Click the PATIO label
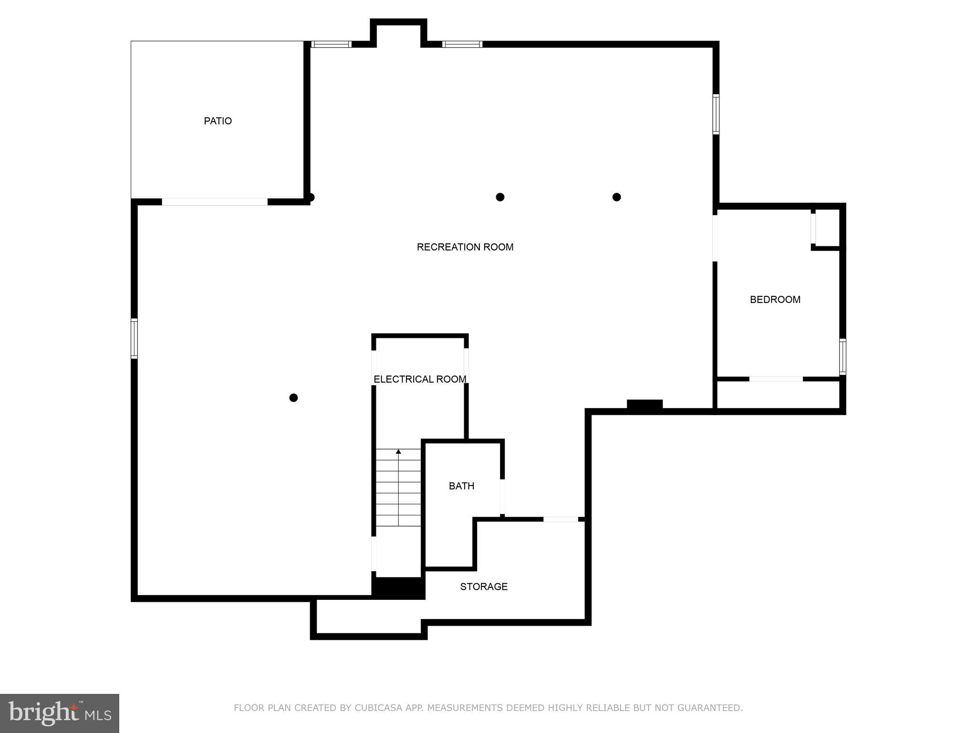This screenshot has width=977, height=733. point(218,121)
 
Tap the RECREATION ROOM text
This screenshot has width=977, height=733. point(465,247)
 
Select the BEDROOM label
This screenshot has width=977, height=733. point(775,300)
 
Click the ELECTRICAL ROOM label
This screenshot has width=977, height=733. point(420,379)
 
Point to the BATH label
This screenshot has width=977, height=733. point(461,486)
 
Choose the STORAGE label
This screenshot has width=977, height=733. point(483,587)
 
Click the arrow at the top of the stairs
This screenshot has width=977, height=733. point(398,451)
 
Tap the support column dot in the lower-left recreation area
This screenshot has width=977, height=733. point(294,398)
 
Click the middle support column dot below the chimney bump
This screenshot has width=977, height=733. point(500,197)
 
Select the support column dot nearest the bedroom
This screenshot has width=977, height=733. point(616,197)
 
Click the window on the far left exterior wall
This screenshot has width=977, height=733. point(134,339)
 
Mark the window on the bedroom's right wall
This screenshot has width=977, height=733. point(842,356)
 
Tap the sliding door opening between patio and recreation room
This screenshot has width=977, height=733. point(215,202)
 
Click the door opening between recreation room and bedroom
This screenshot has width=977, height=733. point(715,238)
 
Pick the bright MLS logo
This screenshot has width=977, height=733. point(60,713)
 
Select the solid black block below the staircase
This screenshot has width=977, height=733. point(398,587)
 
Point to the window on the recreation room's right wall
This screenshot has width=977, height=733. point(716,114)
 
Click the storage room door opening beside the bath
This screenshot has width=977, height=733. point(561,519)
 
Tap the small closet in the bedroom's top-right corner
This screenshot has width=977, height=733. point(828,228)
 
